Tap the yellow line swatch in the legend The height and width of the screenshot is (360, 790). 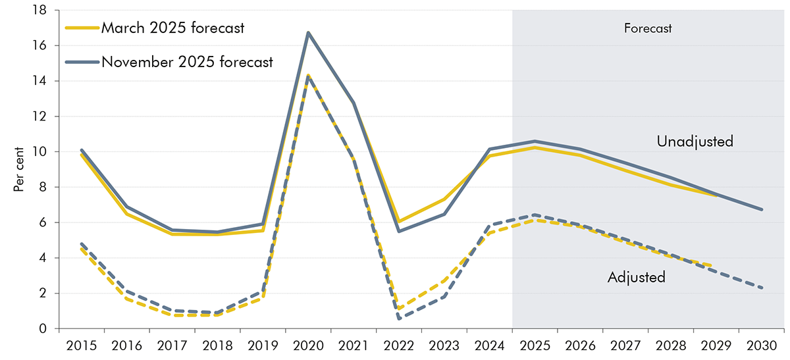point(82,28)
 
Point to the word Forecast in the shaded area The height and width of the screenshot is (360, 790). point(648,28)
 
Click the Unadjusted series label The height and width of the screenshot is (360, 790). point(695,141)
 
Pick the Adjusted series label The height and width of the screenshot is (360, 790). point(636,277)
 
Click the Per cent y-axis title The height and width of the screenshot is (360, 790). point(18,170)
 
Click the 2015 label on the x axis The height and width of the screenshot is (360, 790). point(81,345)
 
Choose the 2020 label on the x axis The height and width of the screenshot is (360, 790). point(308,345)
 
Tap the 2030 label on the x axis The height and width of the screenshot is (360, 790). point(762,345)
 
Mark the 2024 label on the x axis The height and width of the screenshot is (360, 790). point(490,345)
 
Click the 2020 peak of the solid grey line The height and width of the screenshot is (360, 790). point(308,33)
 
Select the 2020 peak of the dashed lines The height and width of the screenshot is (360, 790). point(308,76)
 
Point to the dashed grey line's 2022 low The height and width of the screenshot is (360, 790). point(399,319)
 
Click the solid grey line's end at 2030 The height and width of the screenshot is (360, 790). point(762,209)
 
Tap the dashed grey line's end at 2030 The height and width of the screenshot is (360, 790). point(762,288)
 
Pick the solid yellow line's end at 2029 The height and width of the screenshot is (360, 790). point(716,195)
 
